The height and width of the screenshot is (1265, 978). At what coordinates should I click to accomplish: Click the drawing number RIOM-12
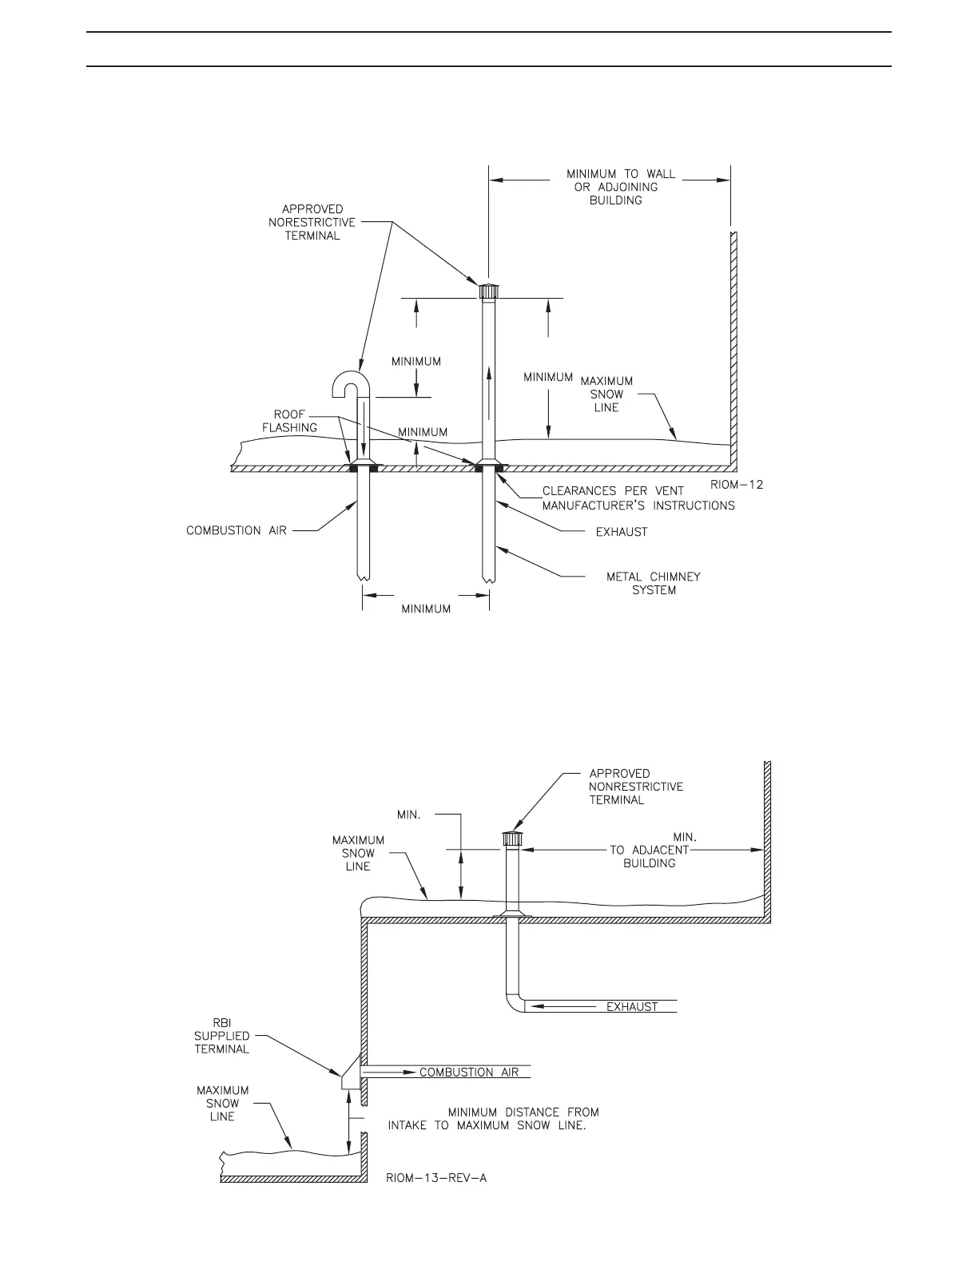(736, 485)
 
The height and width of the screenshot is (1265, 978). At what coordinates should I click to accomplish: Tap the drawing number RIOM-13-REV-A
(436, 1177)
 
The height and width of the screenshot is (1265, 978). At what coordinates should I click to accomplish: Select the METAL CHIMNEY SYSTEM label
(653, 583)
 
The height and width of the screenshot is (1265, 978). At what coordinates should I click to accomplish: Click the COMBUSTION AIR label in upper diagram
(236, 530)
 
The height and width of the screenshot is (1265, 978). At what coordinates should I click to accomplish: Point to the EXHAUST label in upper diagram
(622, 532)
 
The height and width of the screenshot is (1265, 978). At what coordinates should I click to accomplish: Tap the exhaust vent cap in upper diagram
(488, 290)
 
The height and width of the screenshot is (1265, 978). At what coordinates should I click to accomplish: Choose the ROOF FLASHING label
(289, 421)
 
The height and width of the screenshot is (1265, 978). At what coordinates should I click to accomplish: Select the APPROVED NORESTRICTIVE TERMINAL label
(312, 222)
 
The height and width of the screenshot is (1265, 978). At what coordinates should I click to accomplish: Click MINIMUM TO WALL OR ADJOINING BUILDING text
(620, 187)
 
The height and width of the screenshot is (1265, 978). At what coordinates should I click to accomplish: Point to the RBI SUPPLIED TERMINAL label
(222, 1036)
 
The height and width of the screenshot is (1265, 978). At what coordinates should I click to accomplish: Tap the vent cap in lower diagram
(511, 839)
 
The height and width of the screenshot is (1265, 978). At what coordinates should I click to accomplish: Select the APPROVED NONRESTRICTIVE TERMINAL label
(635, 787)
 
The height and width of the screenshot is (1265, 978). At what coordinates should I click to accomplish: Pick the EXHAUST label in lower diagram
(631, 1007)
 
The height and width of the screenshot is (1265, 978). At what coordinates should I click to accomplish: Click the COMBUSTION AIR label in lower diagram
(469, 1072)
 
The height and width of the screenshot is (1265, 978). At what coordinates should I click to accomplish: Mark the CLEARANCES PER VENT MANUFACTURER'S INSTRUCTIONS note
(638, 498)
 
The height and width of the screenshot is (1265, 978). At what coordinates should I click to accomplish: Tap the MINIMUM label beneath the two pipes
(426, 609)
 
